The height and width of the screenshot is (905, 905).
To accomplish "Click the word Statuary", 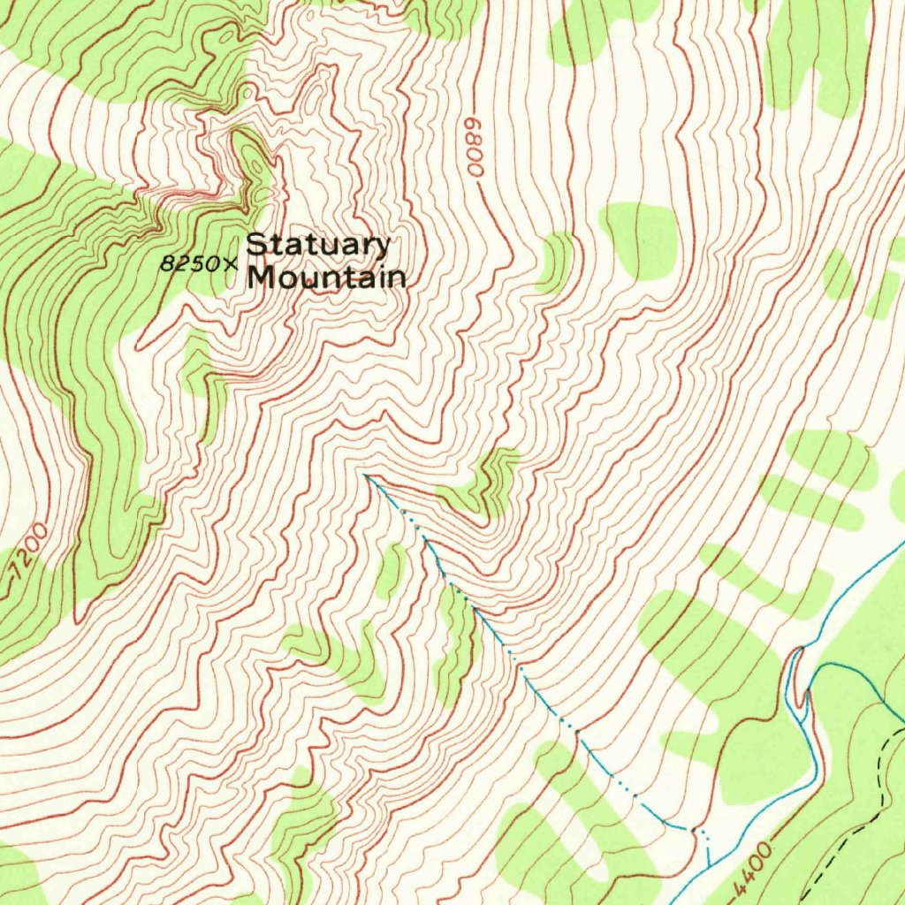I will [318, 246].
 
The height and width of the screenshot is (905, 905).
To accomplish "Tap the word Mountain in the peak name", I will [327, 278].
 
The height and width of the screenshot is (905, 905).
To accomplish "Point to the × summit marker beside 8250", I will [232, 263].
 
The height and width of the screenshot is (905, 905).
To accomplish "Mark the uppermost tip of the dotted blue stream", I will [366, 475].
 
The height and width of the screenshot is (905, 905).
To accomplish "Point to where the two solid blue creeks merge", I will [806, 698].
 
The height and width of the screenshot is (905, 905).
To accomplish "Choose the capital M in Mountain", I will [261, 277].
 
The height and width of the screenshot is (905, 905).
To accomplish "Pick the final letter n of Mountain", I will [398, 279].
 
